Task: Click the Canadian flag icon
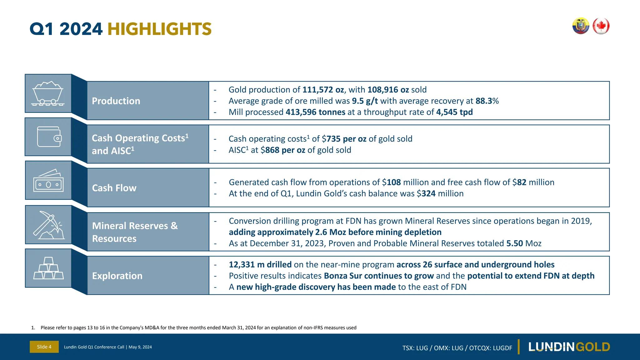pos(601,26)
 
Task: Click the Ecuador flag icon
pos(581,26)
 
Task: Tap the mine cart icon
pos(48,93)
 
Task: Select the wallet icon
pos(49,137)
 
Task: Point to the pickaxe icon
pos(48,225)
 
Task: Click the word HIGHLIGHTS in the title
pos(159,29)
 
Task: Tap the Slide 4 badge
pos(44,347)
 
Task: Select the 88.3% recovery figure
pos(487,101)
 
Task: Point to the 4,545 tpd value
pos(454,112)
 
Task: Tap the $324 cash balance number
pos(428,193)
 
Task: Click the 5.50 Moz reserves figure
pos(514,243)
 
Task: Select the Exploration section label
pos(117,276)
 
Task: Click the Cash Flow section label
pos(114,188)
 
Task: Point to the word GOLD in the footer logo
pos(592,347)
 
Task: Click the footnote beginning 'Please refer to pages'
pos(198,327)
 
